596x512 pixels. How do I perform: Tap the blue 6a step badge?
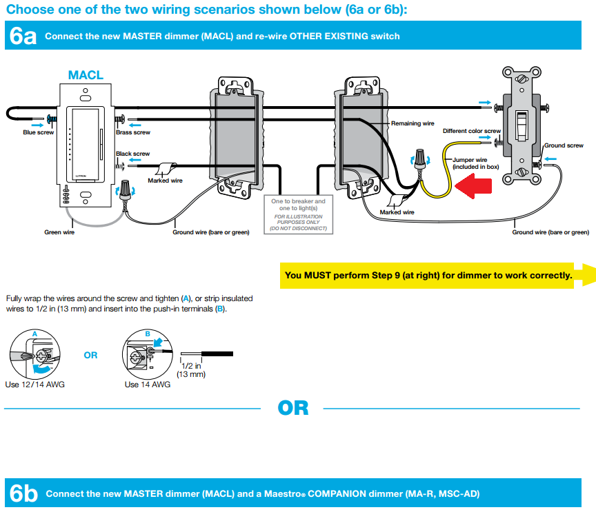click(x=22, y=37)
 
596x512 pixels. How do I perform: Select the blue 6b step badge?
click(x=22, y=494)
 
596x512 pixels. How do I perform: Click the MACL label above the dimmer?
click(x=86, y=75)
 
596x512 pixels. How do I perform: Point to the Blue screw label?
click(x=38, y=132)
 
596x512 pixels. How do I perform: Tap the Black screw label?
click(x=132, y=154)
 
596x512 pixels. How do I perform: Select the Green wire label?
click(x=59, y=232)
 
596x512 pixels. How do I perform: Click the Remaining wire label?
click(x=413, y=123)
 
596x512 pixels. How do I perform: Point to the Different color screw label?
click(x=472, y=131)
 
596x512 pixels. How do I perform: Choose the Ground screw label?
click(x=564, y=145)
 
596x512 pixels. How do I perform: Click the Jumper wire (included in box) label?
click(x=475, y=163)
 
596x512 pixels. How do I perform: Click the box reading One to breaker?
click(x=298, y=214)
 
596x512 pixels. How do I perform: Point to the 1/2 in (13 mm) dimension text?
click(x=191, y=370)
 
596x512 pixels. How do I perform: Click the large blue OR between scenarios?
click(x=292, y=408)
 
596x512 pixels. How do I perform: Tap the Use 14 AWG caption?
click(x=147, y=385)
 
